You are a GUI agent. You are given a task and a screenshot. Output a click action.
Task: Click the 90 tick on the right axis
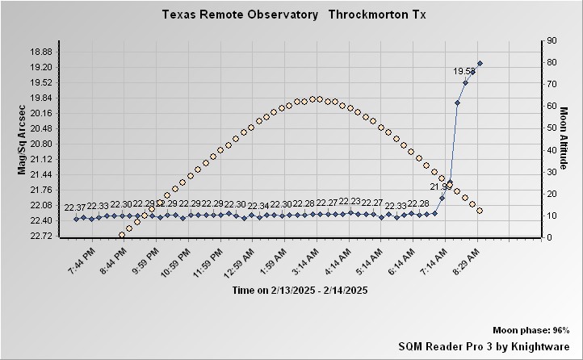coord(552,40)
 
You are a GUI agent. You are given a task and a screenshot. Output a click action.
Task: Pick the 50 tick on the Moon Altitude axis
coord(552,128)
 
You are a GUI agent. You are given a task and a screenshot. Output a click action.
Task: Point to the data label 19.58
coord(463,71)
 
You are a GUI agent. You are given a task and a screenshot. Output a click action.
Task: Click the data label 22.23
coord(350,202)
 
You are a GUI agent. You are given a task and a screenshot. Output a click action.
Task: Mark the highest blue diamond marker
coord(480,63)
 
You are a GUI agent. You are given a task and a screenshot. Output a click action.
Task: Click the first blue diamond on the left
coord(76,219)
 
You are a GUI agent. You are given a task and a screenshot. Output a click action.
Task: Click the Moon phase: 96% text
coord(531,331)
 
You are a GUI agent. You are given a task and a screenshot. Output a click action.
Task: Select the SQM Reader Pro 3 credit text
coord(484,345)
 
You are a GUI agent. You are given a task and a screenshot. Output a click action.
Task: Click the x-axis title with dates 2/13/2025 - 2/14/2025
coord(300,291)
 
